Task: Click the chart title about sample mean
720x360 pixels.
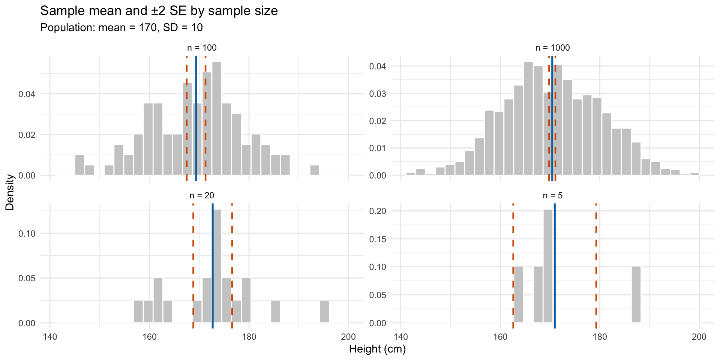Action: click(159, 11)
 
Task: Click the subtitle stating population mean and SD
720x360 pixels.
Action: click(121, 28)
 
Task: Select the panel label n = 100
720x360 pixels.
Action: click(202, 48)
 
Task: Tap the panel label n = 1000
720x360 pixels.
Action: click(552, 48)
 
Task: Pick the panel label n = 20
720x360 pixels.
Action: click(202, 195)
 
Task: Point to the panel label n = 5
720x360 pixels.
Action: click(552, 195)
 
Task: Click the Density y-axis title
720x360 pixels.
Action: click(10, 192)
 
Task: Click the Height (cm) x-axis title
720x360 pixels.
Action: click(377, 349)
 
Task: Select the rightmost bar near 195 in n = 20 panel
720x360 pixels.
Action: click(324, 312)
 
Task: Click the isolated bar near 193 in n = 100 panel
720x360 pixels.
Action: click(315, 170)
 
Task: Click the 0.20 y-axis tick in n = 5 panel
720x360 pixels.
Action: click(378, 211)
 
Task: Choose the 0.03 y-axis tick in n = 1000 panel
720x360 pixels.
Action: click(378, 93)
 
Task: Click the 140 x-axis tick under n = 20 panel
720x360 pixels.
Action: click(50, 336)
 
